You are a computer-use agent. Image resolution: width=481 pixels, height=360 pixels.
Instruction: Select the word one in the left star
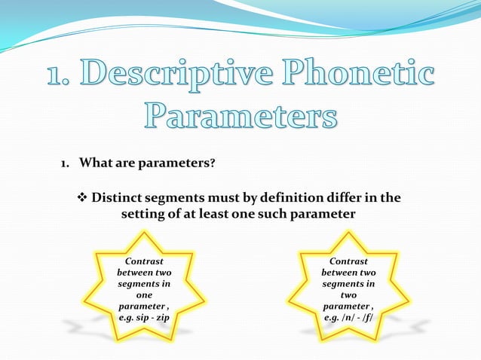pyautogui.click(x=143, y=295)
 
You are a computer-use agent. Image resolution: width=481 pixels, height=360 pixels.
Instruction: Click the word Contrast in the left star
pyautogui.click(x=143, y=260)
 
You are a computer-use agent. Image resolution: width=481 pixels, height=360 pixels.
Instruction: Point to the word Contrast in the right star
pyautogui.click(x=348, y=260)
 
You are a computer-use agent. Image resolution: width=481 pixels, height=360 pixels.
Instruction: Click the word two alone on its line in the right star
pyautogui.click(x=348, y=295)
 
